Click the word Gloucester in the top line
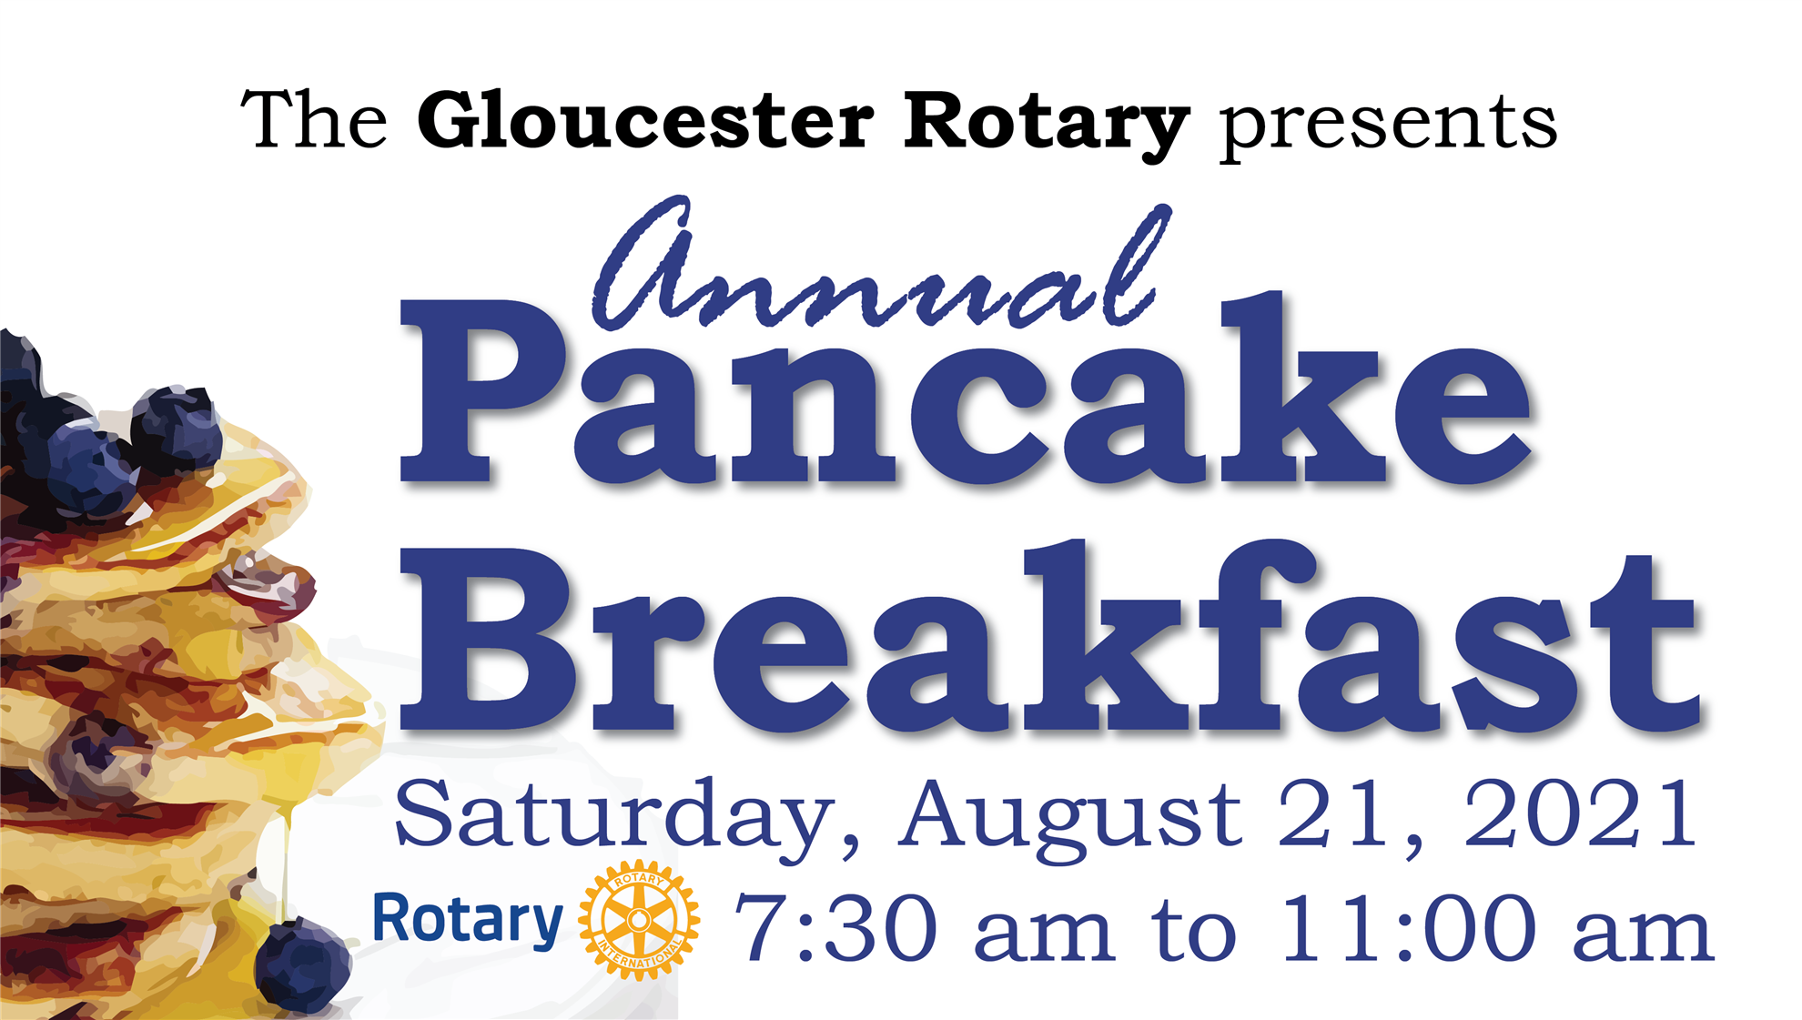point(646,120)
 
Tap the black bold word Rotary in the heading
point(1047,126)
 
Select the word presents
point(1388,127)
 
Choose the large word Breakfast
point(1049,637)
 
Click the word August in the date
point(1071,817)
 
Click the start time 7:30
point(836,928)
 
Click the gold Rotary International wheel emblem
point(639,920)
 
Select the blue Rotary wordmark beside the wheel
point(468,921)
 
